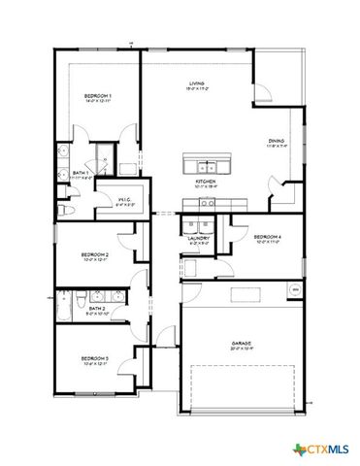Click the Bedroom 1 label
point(97,95)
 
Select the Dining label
point(277,142)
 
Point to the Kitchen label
point(205,182)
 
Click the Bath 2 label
point(82,308)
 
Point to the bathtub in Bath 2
point(65,309)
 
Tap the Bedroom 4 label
point(267,237)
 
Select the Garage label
point(242,342)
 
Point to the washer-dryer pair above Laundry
point(202,224)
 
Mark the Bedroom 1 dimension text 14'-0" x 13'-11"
point(97,101)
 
